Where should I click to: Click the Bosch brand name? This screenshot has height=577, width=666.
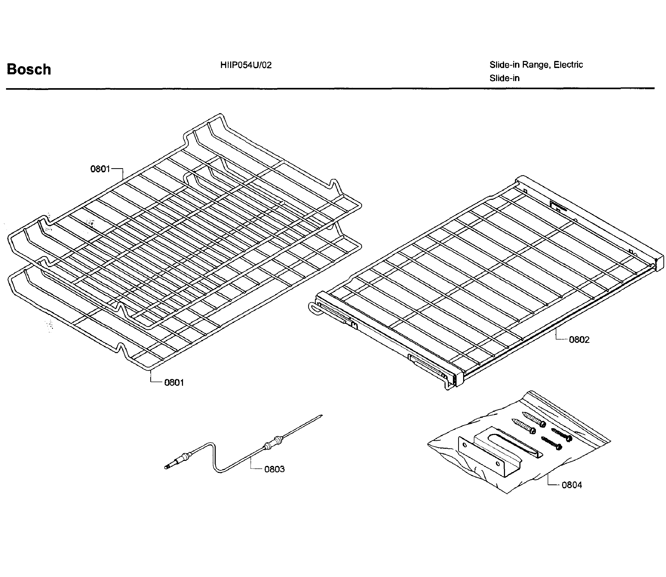(29, 69)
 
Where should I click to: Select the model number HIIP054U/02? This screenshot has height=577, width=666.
(246, 65)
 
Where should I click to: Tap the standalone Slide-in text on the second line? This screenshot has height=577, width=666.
(504, 78)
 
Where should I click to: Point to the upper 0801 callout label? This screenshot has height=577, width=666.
(100, 169)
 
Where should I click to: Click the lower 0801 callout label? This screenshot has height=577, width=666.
(174, 382)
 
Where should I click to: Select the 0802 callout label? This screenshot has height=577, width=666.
(579, 340)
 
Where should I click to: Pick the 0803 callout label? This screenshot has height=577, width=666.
(274, 469)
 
